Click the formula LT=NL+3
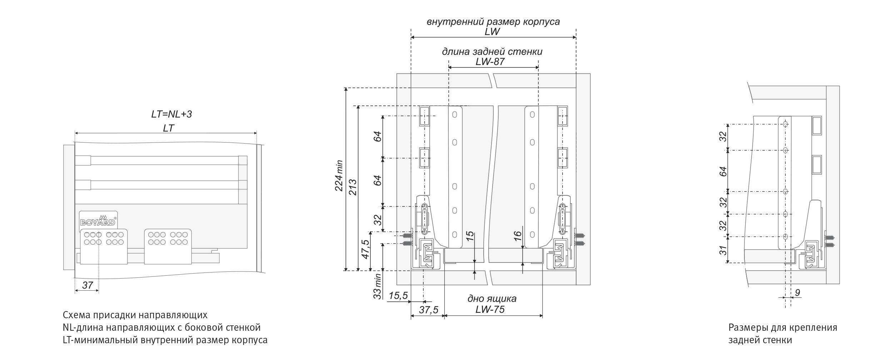pyautogui.click(x=171, y=114)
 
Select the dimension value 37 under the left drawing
pyautogui.click(x=88, y=285)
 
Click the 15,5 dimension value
pyautogui.click(x=398, y=296)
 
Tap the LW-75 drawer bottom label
pyautogui.click(x=490, y=309)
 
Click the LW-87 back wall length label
pyautogui.click(x=490, y=62)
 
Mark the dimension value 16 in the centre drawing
pyautogui.click(x=518, y=235)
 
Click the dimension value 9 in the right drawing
pyautogui.click(x=797, y=293)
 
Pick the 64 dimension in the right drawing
pyautogui.click(x=723, y=171)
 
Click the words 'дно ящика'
pyautogui.click(x=492, y=299)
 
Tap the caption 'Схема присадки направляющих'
pyautogui.click(x=135, y=315)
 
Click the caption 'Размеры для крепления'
pyautogui.click(x=783, y=327)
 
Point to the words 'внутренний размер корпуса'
pyautogui.click(x=493, y=22)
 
